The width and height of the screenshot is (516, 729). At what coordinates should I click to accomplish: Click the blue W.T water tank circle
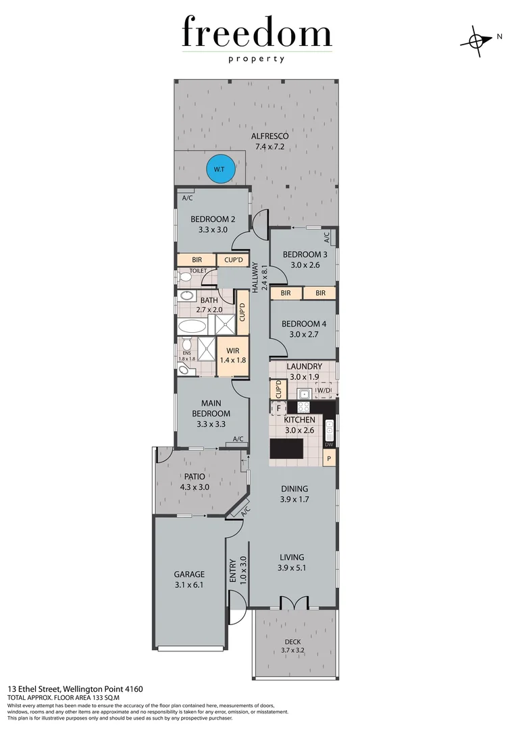220,169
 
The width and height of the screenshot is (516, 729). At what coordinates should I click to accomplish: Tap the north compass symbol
477,40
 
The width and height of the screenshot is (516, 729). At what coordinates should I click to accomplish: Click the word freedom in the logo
257,34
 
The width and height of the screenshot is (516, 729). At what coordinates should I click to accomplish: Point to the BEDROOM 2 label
213,219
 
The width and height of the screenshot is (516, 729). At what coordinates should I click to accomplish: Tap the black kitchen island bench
287,449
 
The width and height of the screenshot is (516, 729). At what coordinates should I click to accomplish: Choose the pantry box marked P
329,459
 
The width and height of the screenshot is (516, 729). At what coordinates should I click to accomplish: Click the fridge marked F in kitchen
277,408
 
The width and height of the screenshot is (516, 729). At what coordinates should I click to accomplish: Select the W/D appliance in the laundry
324,391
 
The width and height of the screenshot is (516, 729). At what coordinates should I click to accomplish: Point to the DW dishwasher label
329,444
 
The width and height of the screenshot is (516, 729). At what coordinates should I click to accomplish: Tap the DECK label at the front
293,642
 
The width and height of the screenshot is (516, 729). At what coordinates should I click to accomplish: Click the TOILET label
197,271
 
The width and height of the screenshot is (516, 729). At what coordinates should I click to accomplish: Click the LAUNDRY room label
303,367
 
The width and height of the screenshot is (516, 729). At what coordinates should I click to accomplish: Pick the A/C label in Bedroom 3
326,238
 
